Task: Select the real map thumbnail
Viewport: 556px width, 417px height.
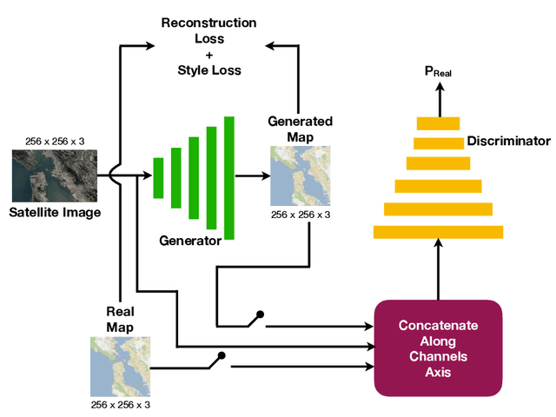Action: (120, 367)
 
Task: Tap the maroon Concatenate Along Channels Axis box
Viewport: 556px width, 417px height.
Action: (438, 347)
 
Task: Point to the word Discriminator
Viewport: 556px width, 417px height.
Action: (509, 141)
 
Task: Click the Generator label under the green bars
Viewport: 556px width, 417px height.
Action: (189, 241)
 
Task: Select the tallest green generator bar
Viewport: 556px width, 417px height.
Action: (229, 176)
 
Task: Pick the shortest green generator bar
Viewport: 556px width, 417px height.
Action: (158, 176)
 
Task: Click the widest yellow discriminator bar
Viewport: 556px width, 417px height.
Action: (438, 230)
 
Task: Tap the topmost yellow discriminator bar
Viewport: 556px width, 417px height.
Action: (438, 122)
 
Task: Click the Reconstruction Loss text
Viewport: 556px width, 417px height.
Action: (209, 30)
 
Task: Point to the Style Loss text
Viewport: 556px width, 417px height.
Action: (209, 69)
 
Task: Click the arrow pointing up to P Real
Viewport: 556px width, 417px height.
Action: (438, 103)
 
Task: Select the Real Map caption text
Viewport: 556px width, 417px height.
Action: (120, 320)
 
